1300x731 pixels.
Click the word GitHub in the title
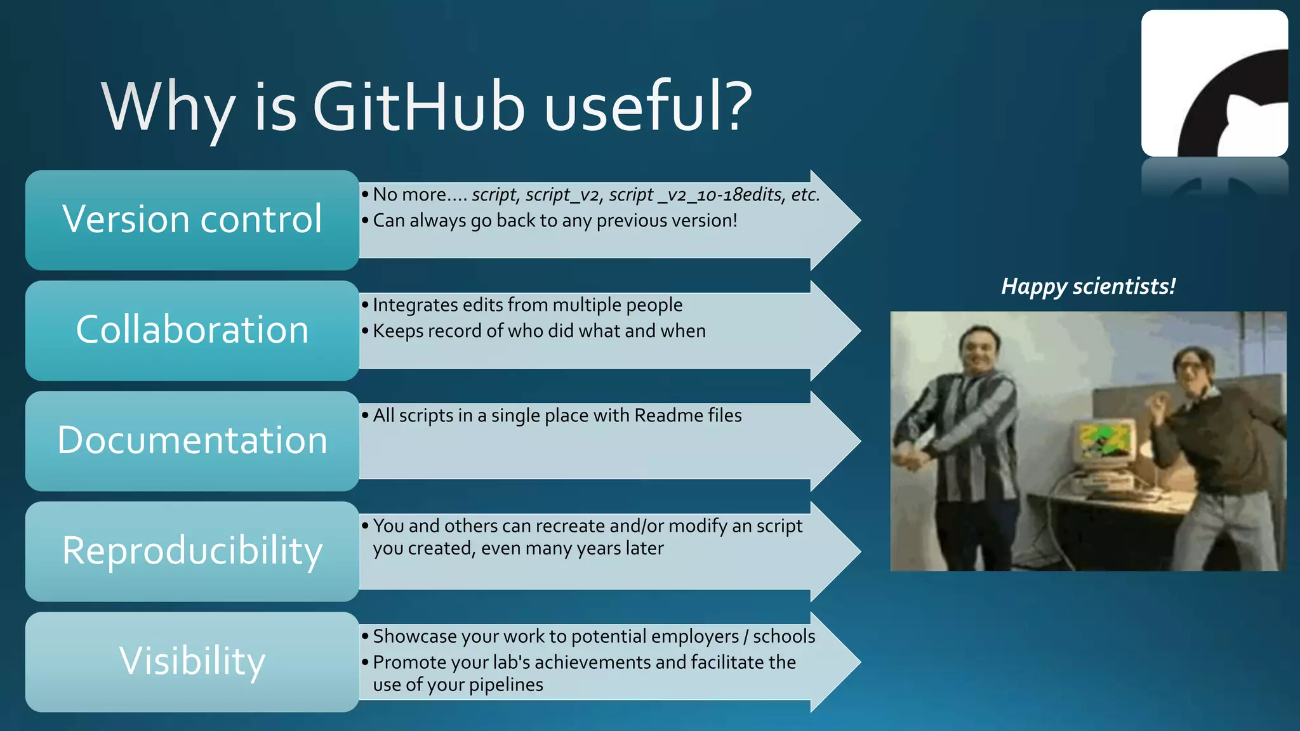coord(418,107)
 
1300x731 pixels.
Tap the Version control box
coord(192,220)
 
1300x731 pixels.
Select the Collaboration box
coord(192,330)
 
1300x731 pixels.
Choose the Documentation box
coord(192,440)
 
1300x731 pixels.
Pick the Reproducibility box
coord(192,551)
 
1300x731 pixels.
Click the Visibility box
coord(192,661)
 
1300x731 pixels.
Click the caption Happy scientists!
coord(1088,286)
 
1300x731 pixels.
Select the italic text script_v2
coord(562,195)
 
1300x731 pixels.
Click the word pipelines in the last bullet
coord(506,685)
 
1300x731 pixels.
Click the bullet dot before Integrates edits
coord(365,305)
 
